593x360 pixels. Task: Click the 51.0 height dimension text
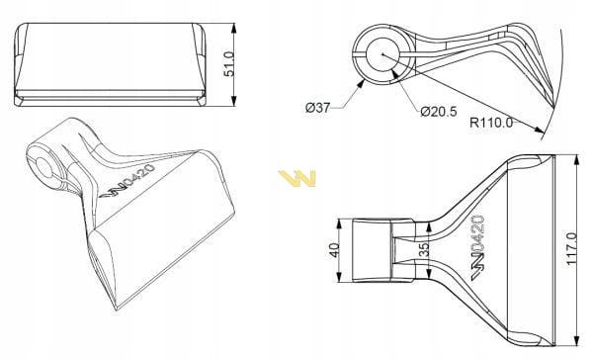229,63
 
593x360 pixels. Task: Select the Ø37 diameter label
317,108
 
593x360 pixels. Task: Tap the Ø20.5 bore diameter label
439,112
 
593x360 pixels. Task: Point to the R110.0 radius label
491,123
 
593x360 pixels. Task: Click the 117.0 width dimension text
572,248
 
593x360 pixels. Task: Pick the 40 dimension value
335,250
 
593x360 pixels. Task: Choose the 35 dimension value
425,250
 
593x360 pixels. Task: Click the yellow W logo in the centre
296,179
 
